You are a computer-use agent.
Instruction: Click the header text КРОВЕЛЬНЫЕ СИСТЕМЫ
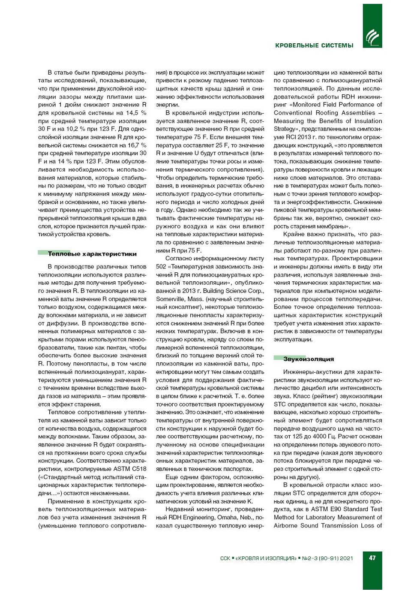314,45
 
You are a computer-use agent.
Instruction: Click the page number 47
372,558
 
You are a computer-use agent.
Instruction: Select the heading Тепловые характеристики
92,254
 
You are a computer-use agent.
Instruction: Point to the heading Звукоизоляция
309,359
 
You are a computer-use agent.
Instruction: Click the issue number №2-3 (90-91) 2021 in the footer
328,558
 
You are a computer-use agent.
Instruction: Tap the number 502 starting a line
161,266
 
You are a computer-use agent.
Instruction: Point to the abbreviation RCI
292,137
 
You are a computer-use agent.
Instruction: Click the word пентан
115,347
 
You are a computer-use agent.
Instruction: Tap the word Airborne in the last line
286,525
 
